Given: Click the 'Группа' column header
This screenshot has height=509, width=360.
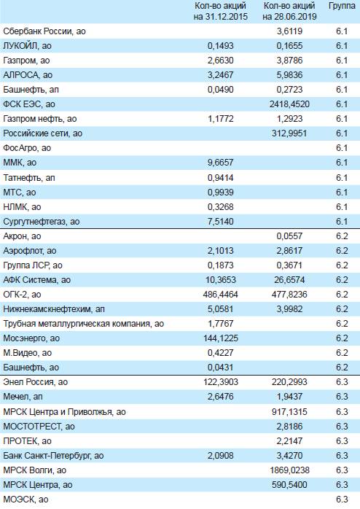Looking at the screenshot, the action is click(342, 6).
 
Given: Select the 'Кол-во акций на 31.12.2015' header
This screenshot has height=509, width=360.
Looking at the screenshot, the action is click(221, 11).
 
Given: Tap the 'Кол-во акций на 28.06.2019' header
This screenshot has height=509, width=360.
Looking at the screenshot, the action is click(289, 11).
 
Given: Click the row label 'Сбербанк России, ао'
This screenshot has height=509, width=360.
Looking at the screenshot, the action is click(44, 31).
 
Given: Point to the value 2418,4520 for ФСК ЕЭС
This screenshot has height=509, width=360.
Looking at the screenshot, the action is click(289, 104).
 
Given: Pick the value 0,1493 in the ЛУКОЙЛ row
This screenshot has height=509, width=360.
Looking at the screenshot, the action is click(221, 46).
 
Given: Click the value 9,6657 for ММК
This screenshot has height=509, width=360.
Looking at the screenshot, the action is click(221, 163).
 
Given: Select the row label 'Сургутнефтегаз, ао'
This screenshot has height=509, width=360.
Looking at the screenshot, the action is click(42, 222).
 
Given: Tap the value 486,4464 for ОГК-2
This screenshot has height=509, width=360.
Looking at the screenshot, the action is click(221, 295).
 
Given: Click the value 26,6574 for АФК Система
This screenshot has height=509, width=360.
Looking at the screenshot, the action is click(289, 280).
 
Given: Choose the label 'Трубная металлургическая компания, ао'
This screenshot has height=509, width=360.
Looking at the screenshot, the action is click(84, 324).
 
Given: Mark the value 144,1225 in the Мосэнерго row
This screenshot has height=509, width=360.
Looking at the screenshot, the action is click(221, 338).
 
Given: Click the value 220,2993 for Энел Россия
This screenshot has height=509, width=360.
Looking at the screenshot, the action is click(289, 382).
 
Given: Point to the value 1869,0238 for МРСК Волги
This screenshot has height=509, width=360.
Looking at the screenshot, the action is click(289, 470).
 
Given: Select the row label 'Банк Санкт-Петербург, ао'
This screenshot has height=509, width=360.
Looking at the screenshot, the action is click(53, 456).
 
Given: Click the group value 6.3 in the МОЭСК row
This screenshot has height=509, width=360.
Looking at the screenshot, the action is click(342, 500).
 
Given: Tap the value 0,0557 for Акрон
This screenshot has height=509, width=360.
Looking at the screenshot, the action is click(289, 236).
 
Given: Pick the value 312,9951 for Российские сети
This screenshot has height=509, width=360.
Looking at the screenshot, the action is click(289, 133).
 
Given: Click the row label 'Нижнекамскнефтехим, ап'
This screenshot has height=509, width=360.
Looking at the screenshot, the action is click(54, 309).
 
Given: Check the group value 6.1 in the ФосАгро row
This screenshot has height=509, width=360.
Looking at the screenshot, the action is click(342, 148).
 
